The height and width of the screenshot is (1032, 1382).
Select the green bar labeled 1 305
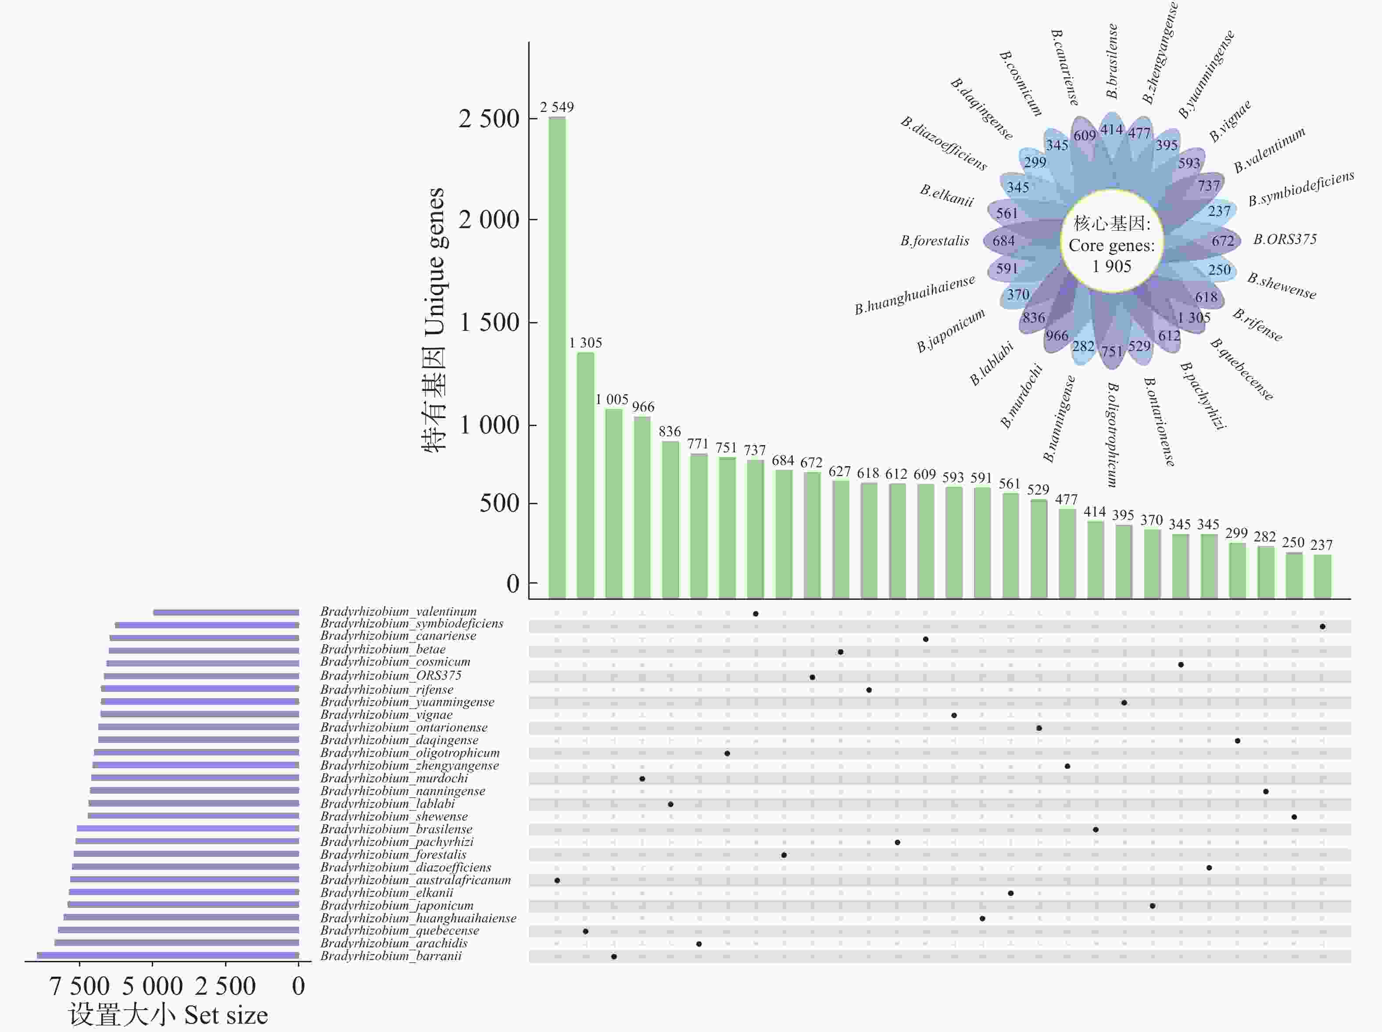pyautogui.click(x=585, y=475)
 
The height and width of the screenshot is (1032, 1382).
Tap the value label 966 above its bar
pyautogui.click(x=643, y=407)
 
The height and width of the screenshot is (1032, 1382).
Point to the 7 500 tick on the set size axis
pyautogui.click(x=79, y=986)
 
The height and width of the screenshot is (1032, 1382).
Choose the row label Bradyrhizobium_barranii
pyautogui.click(x=391, y=956)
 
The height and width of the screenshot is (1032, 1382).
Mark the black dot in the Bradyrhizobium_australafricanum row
pyautogui.click(x=557, y=880)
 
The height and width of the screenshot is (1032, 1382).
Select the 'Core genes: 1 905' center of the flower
pyautogui.click(x=1112, y=245)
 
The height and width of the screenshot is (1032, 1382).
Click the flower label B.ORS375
pyautogui.click(x=1285, y=239)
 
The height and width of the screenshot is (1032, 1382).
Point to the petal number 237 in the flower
pyautogui.click(x=1218, y=211)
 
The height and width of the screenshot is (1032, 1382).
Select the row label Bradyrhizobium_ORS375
pyautogui.click(x=390, y=675)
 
